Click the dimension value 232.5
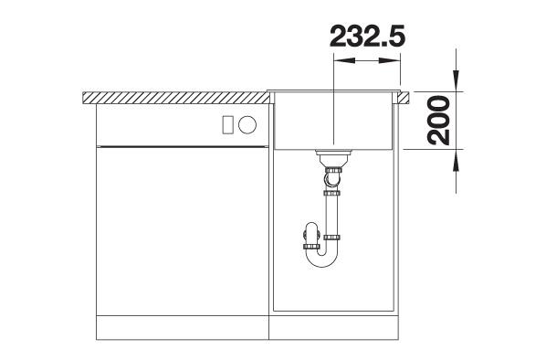click(367, 36)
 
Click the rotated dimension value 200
click(438, 121)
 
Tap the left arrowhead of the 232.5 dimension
click(344, 60)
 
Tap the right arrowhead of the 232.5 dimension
click(389, 60)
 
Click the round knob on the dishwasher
click(247, 124)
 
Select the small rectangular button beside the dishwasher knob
click(227, 125)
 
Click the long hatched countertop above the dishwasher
click(176, 98)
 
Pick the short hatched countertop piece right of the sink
click(403, 98)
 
